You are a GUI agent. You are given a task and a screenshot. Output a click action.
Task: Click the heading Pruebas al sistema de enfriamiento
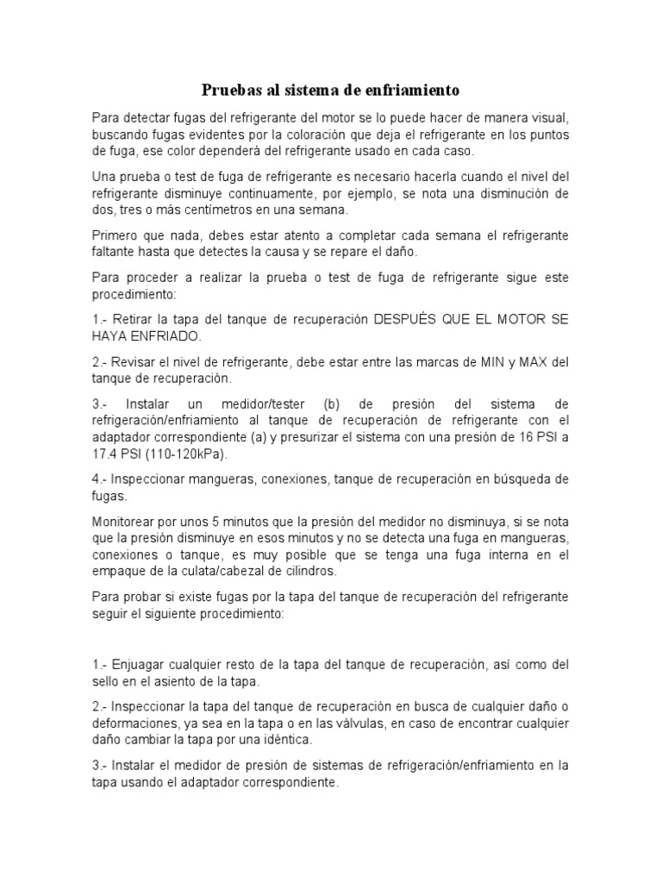(331, 90)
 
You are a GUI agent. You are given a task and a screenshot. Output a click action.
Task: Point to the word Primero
(117, 235)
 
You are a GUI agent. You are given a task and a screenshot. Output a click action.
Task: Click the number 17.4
(109, 454)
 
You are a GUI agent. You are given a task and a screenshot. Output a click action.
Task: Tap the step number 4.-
(101, 479)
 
